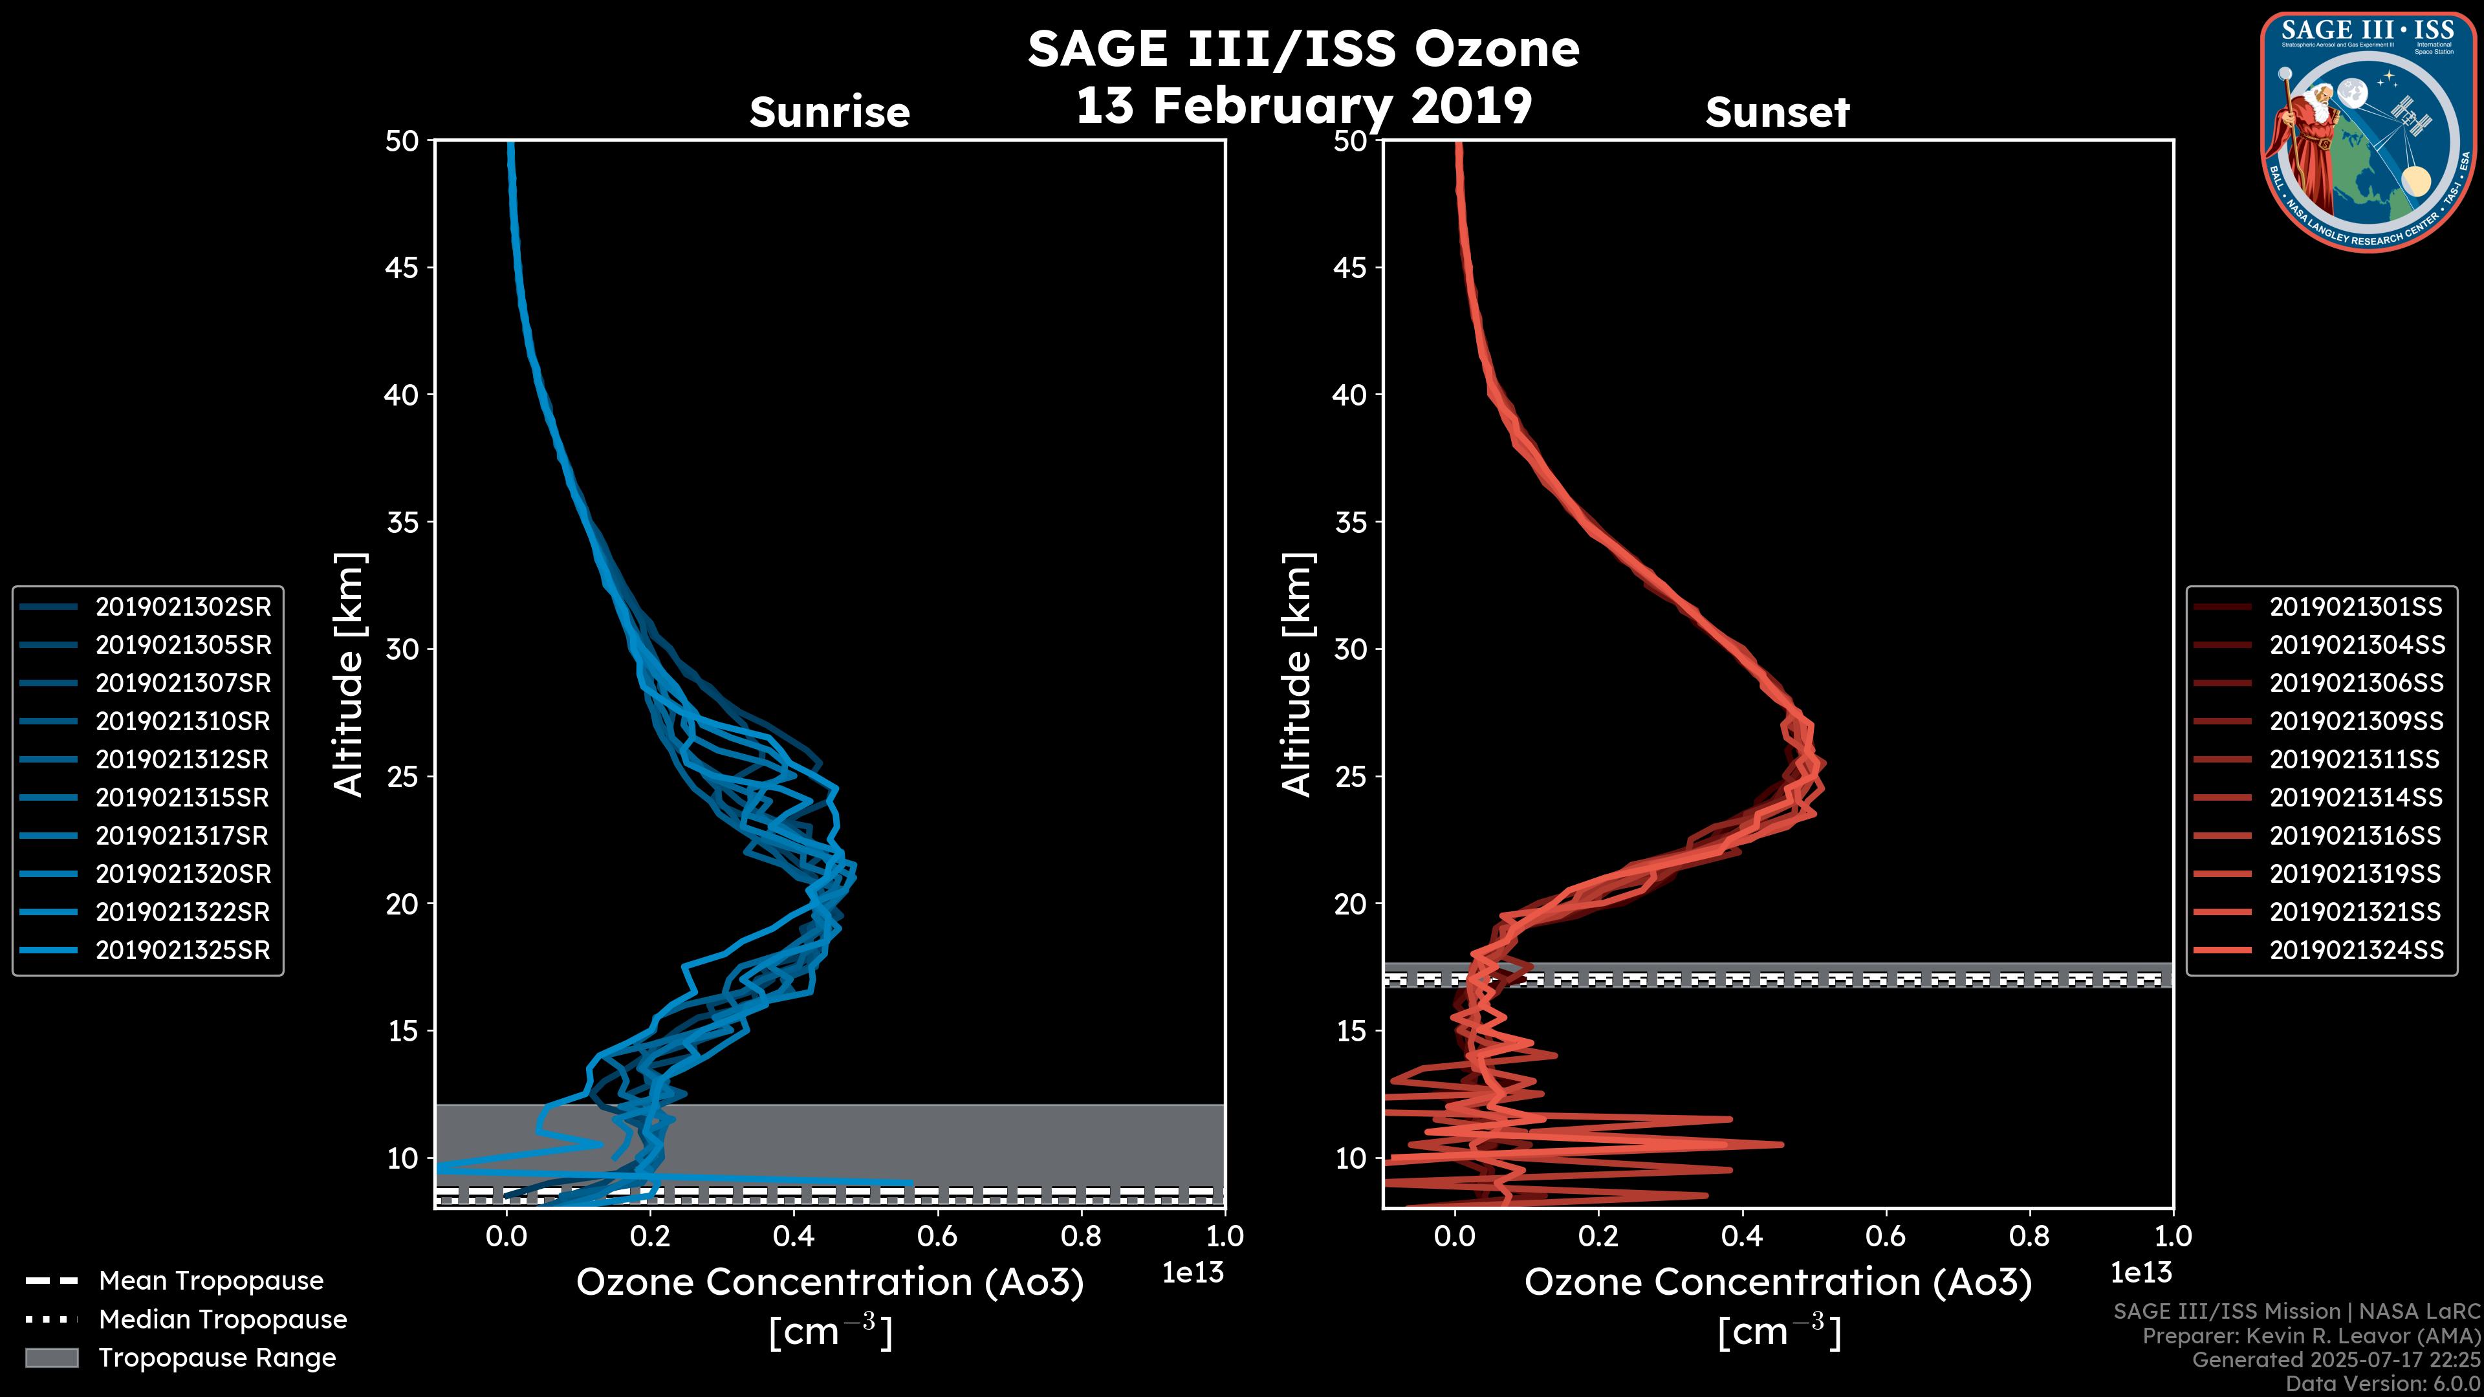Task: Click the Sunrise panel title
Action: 829,113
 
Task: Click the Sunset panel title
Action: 1777,113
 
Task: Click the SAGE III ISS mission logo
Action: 2368,131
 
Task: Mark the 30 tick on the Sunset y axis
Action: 1350,649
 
